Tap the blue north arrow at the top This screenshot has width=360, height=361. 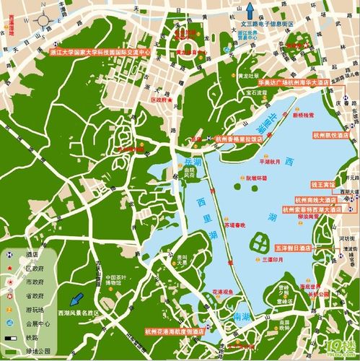[x=250, y=11]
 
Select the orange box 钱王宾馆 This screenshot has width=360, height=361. [x=323, y=184]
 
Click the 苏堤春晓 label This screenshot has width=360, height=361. [x=236, y=225]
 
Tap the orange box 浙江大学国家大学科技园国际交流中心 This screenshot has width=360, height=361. [x=100, y=53]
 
